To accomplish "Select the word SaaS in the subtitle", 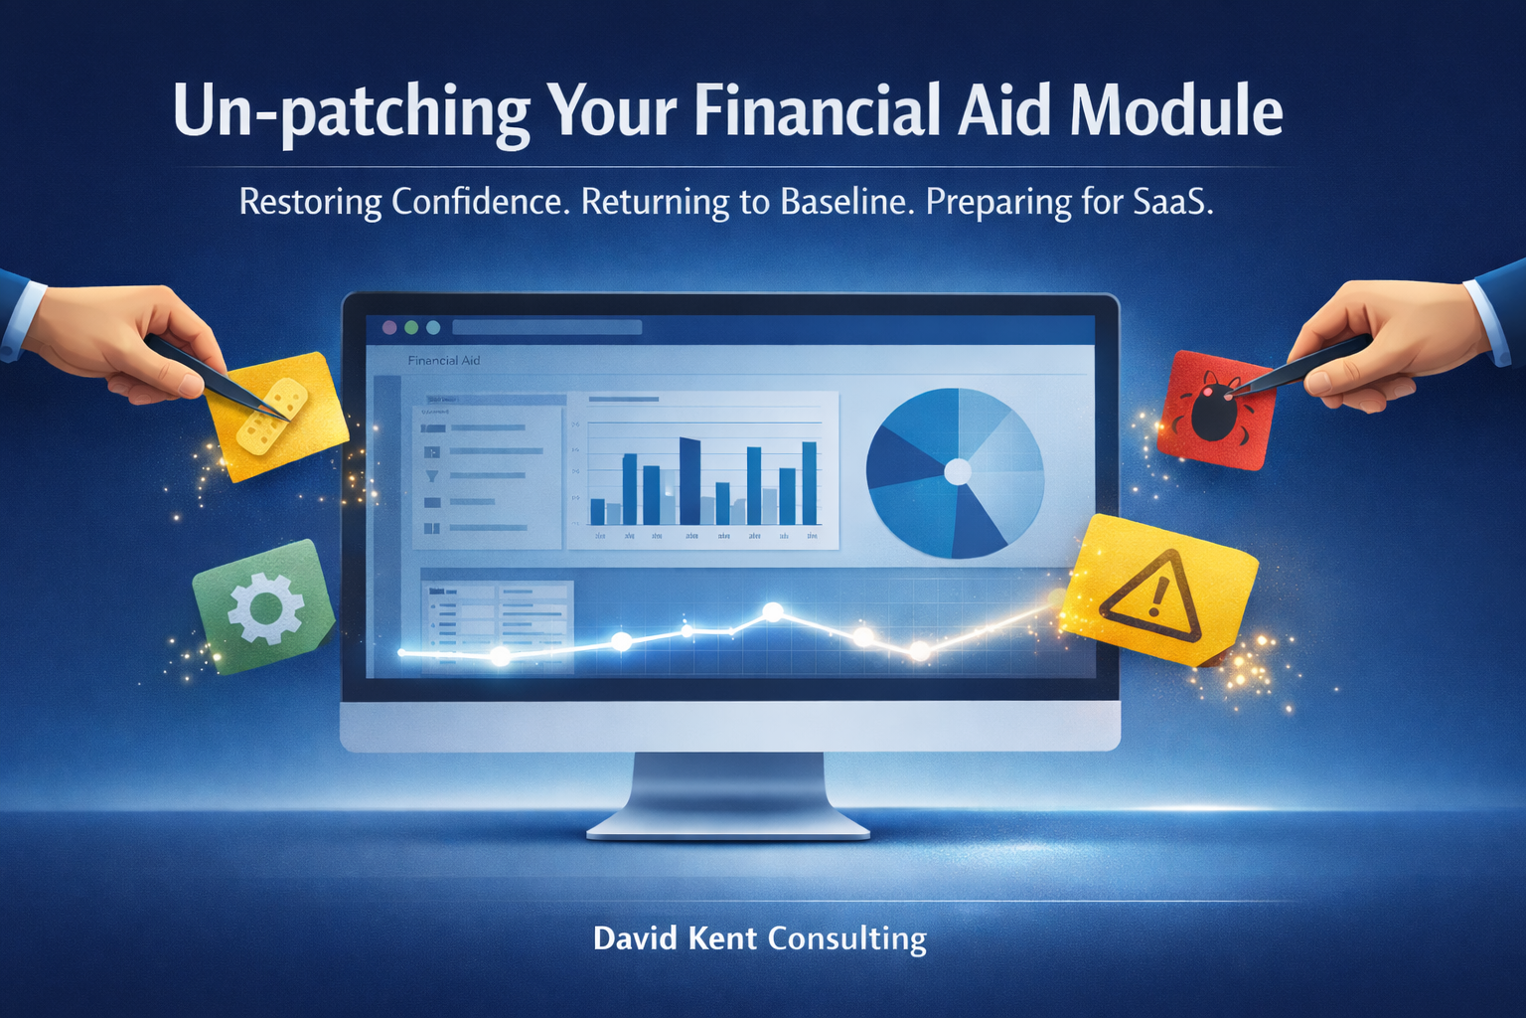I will click(1172, 202).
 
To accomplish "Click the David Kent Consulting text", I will click(760, 938).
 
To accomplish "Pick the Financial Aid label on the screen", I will click(444, 360).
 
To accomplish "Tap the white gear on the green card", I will click(265, 607).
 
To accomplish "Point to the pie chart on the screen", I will click(955, 472).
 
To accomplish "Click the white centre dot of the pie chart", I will click(957, 472).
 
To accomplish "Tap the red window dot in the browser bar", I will click(389, 327).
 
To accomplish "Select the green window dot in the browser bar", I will click(433, 327).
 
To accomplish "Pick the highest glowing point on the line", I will click(772, 611).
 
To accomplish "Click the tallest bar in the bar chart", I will click(689, 481).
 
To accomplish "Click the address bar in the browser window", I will click(546, 327).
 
